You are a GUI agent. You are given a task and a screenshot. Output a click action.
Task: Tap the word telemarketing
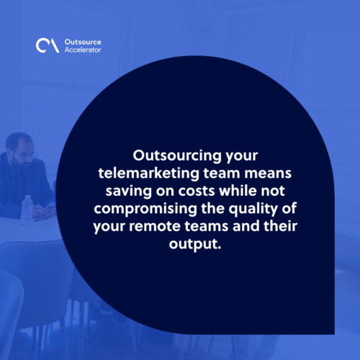(149, 174)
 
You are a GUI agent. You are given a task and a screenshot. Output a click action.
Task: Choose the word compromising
(145, 209)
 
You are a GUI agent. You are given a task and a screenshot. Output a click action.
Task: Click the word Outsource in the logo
(83, 42)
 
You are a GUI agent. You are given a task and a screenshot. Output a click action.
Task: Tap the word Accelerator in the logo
(83, 50)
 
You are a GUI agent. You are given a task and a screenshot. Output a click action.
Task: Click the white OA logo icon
(48, 45)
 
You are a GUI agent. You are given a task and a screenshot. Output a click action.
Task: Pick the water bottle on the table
(27, 208)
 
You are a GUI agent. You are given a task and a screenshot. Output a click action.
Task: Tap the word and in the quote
(246, 226)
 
